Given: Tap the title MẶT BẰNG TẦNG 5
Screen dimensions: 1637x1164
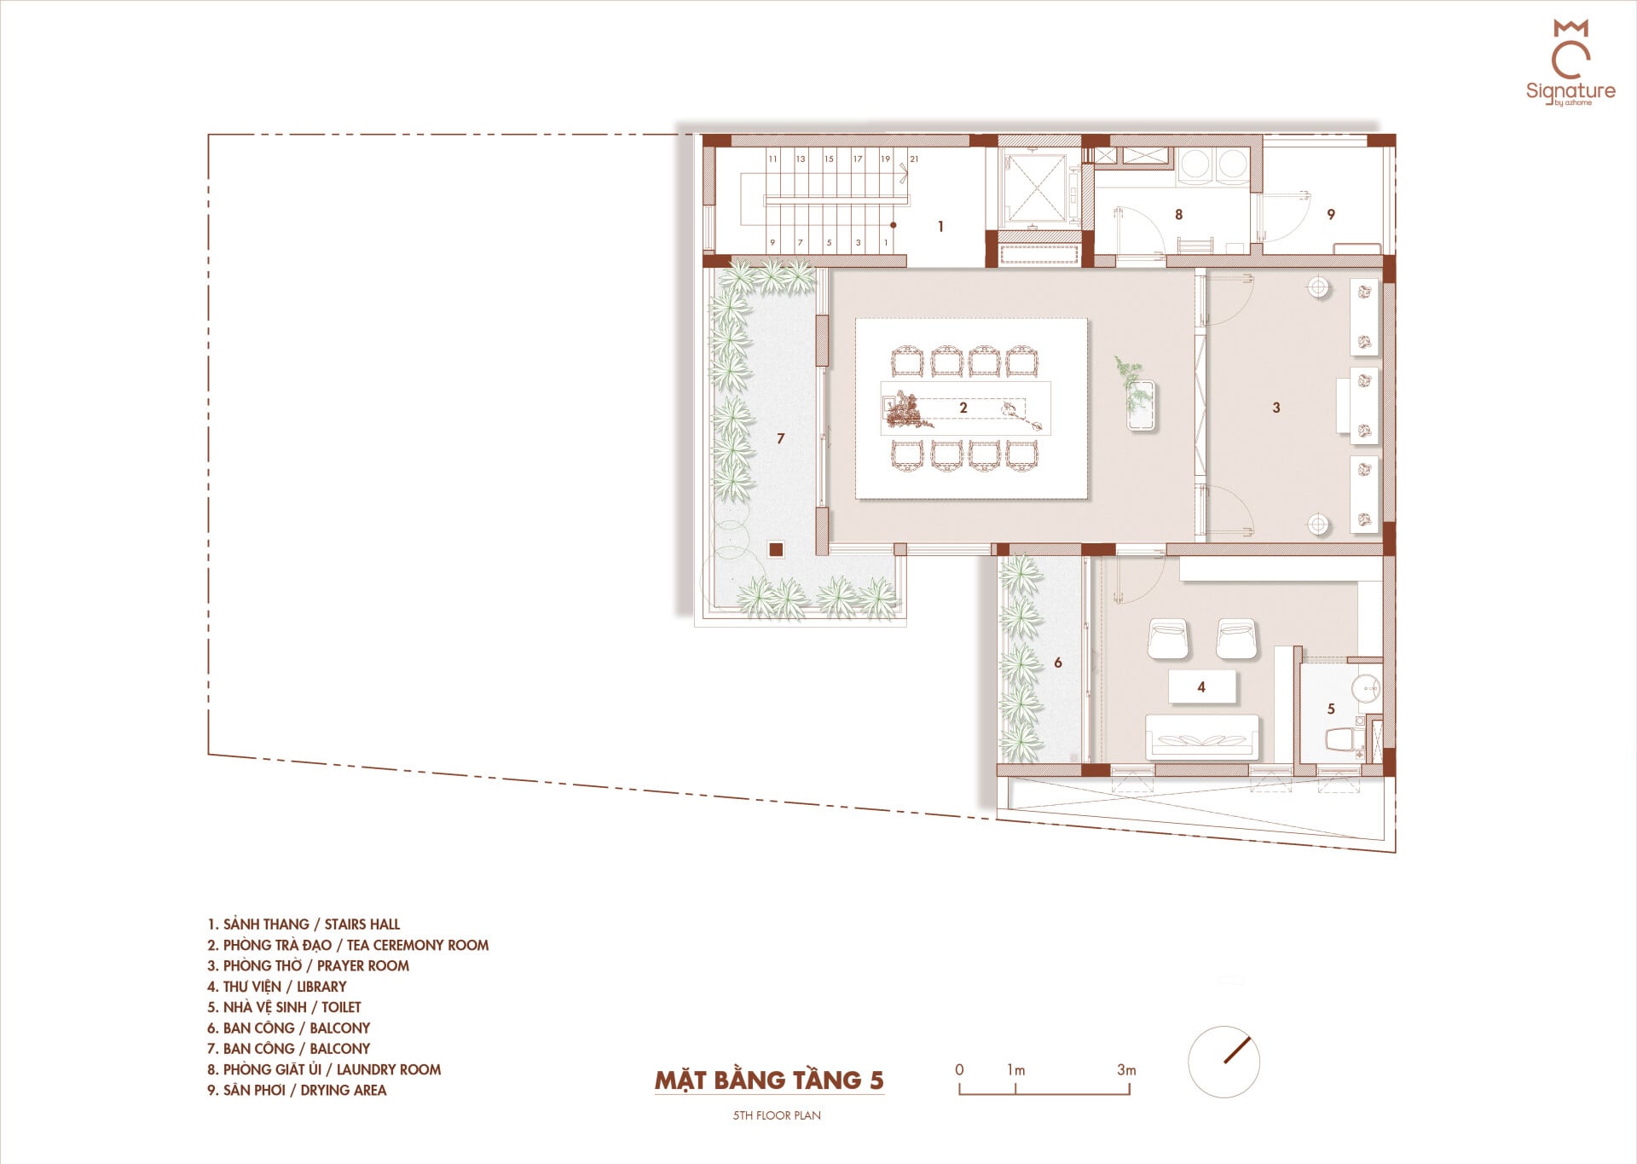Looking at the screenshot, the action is (x=769, y=1080).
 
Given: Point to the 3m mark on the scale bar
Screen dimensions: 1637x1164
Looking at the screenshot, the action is (x=1126, y=1069).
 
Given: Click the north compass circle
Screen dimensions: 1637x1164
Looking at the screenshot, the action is (x=1223, y=1062).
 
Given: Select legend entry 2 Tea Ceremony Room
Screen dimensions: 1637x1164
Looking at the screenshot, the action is (x=348, y=945).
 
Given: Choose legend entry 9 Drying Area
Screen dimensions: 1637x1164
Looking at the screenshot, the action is (x=297, y=1090).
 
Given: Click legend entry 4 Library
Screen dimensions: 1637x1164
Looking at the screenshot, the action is (x=277, y=987).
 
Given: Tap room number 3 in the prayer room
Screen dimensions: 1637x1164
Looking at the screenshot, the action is (x=1276, y=408).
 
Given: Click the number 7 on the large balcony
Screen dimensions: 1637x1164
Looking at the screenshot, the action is (x=780, y=438).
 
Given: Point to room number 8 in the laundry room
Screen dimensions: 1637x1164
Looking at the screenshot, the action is (x=1179, y=215).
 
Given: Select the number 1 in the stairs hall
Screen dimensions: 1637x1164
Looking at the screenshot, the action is (x=940, y=227).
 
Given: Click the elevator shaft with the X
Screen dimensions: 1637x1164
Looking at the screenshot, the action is (x=1033, y=188).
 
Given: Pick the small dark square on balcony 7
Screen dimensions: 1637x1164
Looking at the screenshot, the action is (x=776, y=550).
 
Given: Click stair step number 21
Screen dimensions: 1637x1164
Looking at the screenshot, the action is (x=914, y=159).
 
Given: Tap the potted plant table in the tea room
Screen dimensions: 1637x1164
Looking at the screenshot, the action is (x=1141, y=406).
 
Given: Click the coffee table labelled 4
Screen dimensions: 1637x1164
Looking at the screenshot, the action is (x=1202, y=686).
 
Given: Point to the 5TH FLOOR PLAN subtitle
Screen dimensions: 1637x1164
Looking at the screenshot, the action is (x=777, y=1115).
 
